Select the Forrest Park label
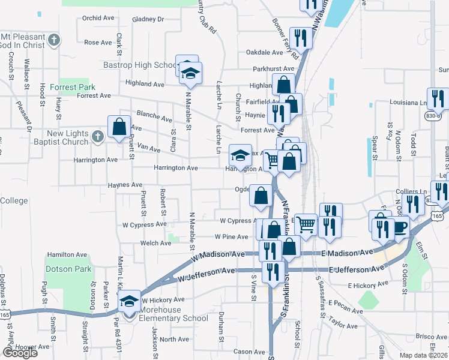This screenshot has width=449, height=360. click(x=73, y=87)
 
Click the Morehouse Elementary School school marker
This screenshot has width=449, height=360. click(x=128, y=302)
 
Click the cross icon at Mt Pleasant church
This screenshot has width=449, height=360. click(x=55, y=41)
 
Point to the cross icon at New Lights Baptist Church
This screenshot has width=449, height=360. click(x=98, y=136)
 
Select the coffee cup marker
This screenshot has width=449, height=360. click(x=400, y=228)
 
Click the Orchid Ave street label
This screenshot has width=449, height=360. click(x=98, y=18)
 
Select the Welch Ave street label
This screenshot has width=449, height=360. click(x=155, y=244)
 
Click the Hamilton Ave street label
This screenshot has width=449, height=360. click(x=64, y=255)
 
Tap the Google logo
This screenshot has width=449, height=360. click(x=20, y=353)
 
